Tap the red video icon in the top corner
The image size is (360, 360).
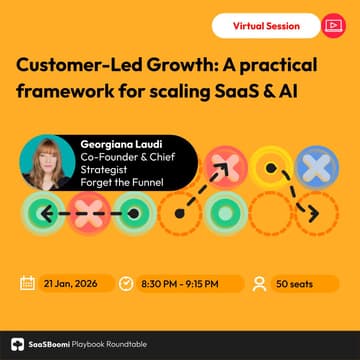[x=332, y=23]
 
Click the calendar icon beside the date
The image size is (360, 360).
[x=28, y=283]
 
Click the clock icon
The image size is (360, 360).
[x=127, y=283]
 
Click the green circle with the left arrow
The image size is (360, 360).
[x=27, y=211]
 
